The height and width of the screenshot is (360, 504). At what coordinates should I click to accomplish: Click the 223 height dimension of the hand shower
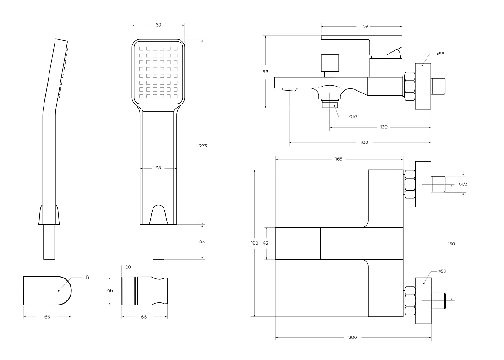pyautogui.click(x=203, y=146)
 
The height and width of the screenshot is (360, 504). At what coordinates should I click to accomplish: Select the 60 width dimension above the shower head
pyautogui.click(x=158, y=25)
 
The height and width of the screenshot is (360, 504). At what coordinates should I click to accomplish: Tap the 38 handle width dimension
pyautogui.click(x=158, y=168)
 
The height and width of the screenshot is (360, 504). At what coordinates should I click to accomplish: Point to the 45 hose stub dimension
pyautogui.click(x=202, y=241)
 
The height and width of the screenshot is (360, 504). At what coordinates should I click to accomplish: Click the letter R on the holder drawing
pyautogui.click(x=88, y=278)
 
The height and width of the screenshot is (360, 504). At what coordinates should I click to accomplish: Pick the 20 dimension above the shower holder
pyautogui.click(x=128, y=267)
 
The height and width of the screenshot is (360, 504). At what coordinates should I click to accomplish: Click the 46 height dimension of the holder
pyautogui.click(x=110, y=290)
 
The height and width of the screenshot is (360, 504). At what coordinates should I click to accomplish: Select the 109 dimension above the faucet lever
pyautogui.click(x=364, y=27)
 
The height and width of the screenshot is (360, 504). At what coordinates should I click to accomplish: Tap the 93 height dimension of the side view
pyautogui.click(x=265, y=71)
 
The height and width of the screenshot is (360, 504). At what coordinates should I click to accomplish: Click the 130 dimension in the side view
pyautogui.click(x=383, y=127)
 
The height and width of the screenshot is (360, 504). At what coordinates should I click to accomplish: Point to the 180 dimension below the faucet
pyautogui.click(x=364, y=142)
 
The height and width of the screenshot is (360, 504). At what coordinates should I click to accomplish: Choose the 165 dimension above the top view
pyautogui.click(x=339, y=159)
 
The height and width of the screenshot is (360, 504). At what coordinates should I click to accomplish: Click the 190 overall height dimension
pyautogui.click(x=255, y=243)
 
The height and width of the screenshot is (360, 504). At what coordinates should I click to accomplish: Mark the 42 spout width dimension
pyautogui.click(x=265, y=243)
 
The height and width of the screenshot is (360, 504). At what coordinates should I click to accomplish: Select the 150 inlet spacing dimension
pyautogui.click(x=451, y=244)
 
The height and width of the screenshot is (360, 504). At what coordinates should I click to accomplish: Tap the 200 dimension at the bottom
pyautogui.click(x=353, y=337)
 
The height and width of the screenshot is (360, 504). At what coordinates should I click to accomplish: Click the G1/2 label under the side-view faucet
pyautogui.click(x=353, y=117)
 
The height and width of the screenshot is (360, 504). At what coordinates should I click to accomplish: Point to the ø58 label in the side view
pyautogui.click(x=440, y=54)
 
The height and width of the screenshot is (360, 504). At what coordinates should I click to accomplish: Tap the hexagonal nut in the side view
pyautogui.click(x=409, y=86)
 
